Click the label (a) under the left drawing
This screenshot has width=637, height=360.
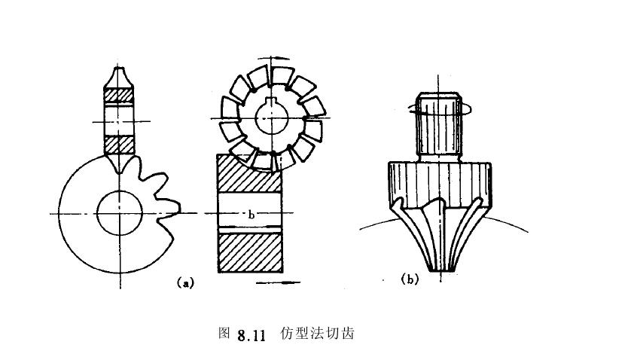pyautogui.click(x=185, y=283)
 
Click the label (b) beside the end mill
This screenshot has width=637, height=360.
pyautogui.click(x=410, y=280)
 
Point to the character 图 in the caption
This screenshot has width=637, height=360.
pyautogui.click(x=222, y=334)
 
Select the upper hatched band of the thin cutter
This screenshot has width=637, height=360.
pyautogui.click(x=120, y=96)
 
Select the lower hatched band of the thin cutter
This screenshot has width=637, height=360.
pyautogui.click(x=120, y=142)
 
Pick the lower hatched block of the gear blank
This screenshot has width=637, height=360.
pyautogui.click(x=250, y=252)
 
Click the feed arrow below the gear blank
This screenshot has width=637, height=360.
pyautogui.click(x=278, y=282)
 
